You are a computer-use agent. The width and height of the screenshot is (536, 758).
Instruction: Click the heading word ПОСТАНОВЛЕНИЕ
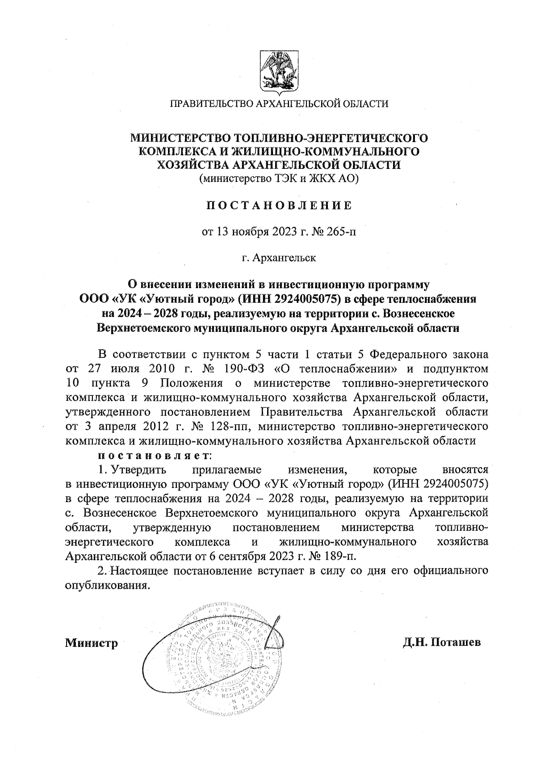[278, 205]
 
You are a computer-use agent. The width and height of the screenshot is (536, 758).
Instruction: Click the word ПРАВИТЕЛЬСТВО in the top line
[210, 104]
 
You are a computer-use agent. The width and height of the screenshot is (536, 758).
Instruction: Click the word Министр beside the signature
[92, 644]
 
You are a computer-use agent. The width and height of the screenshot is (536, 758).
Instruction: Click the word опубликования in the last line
[106, 585]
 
